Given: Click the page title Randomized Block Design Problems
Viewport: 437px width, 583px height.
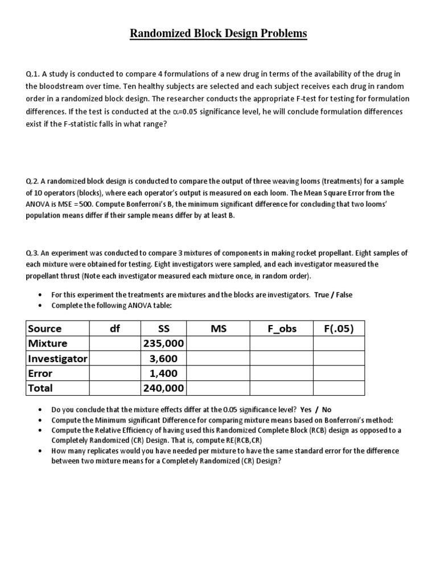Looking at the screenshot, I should click(x=218, y=34).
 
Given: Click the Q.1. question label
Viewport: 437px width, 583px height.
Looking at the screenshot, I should click(x=32, y=75).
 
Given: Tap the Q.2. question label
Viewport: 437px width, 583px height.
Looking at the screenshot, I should click(x=32, y=181).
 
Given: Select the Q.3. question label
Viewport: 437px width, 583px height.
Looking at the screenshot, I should click(x=32, y=253).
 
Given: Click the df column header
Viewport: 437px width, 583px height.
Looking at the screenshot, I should click(x=115, y=329).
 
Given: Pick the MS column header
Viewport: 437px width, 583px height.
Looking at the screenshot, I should click(x=218, y=329).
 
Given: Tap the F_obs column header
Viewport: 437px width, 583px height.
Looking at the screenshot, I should click(x=282, y=329).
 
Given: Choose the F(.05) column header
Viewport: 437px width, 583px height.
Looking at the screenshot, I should click(x=339, y=329).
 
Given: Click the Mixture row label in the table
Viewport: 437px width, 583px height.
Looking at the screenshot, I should click(x=47, y=343).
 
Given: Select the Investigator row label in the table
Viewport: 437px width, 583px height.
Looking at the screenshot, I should click(x=57, y=358).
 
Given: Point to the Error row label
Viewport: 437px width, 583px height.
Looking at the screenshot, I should click(x=40, y=373).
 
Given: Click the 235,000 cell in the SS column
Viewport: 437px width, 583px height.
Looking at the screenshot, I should click(x=163, y=343).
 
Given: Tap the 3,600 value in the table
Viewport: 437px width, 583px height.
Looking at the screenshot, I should click(x=163, y=358).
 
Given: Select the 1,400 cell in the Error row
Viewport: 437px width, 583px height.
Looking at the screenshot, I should click(x=163, y=373).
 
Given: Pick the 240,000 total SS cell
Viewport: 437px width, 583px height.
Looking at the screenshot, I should click(x=163, y=388).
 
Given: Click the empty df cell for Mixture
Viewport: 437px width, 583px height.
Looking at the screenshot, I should click(x=115, y=343).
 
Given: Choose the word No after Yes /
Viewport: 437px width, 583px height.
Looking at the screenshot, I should click(x=327, y=409).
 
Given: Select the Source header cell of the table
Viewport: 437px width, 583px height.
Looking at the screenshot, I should click(x=45, y=329).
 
